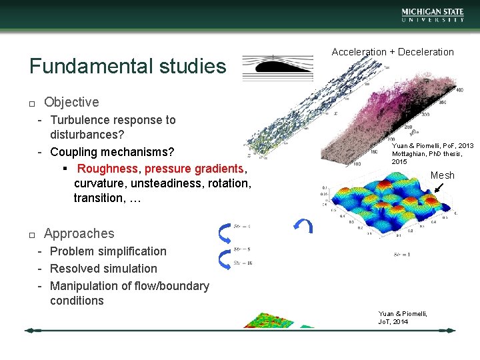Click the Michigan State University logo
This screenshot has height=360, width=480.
[x=432, y=15]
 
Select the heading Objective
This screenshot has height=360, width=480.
[x=71, y=102]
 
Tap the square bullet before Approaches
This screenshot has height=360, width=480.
[x=31, y=235]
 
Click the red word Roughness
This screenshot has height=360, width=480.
[x=107, y=169]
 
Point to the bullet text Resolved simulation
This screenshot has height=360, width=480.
[x=103, y=269]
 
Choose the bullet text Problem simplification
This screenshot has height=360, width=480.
[x=108, y=251]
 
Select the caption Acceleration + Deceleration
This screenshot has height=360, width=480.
[x=393, y=52]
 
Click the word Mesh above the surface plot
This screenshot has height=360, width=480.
[x=442, y=175]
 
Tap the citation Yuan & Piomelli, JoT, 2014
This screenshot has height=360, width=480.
[x=403, y=318]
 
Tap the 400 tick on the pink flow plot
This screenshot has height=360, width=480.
[x=459, y=90]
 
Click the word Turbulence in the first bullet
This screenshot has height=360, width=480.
[x=79, y=120]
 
